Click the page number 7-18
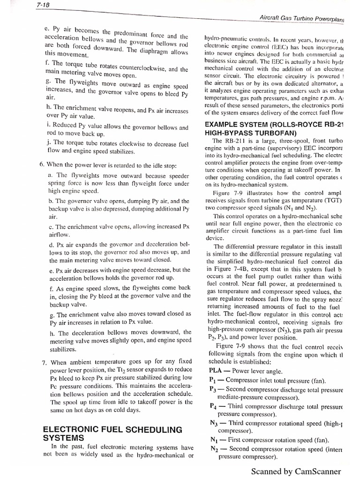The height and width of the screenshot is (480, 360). pos(44,5)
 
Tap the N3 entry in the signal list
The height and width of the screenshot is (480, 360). pos(213,423)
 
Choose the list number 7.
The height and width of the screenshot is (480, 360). pos(43,362)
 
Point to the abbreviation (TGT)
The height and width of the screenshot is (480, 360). pos(333,200)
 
